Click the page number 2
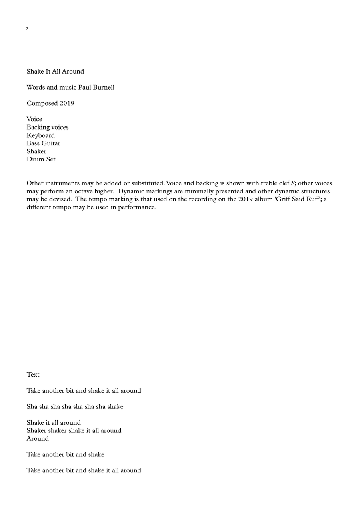pyautogui.click(x=27, y=29)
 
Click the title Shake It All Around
pyautogui.click(x=55, y=72)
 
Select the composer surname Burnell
pyautogui.click(x=104, y=87)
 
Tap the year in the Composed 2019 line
pyautogui.click(x=67, y=103)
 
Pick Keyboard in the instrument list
pyautogui.click(x=41, y=135)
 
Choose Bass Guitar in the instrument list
pyautogui.click(x=44, y=143)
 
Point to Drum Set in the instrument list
pyautogui.click(x=41, y=159)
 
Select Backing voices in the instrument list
pyautogui.click(x=48, y=127)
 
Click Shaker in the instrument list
pyautogui.click(x=36, y=151)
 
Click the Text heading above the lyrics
pyautogui.click(x=33, y=375)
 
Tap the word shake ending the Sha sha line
pyautogui.click(x=115, y=407)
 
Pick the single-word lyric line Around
pyautogui.click(x=38, y=439)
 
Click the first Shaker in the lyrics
pyautogui.click(x=36, y=431)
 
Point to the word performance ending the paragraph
pyautogui.click(x=137, y=207)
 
